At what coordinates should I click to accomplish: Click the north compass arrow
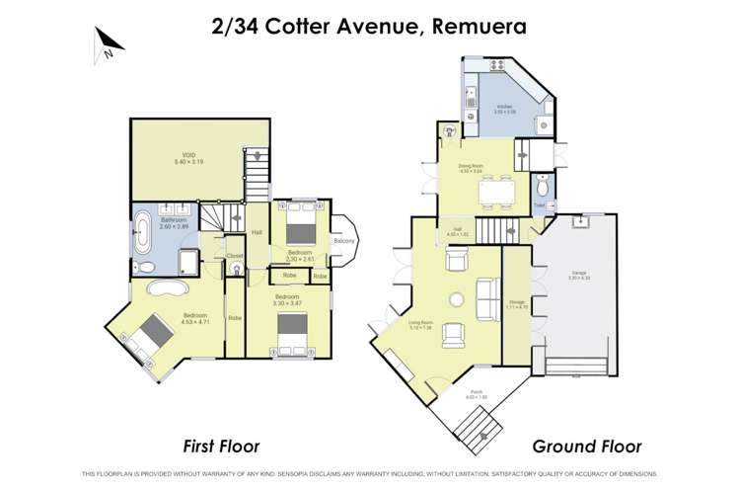coord(108,41)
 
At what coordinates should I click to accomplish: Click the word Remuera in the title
coord(478,25)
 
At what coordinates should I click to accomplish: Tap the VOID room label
coord(187,158)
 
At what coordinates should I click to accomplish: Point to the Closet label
coord(235,256)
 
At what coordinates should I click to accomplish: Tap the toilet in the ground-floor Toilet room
coord(541,188)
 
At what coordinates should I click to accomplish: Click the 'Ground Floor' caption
coord(587,447)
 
